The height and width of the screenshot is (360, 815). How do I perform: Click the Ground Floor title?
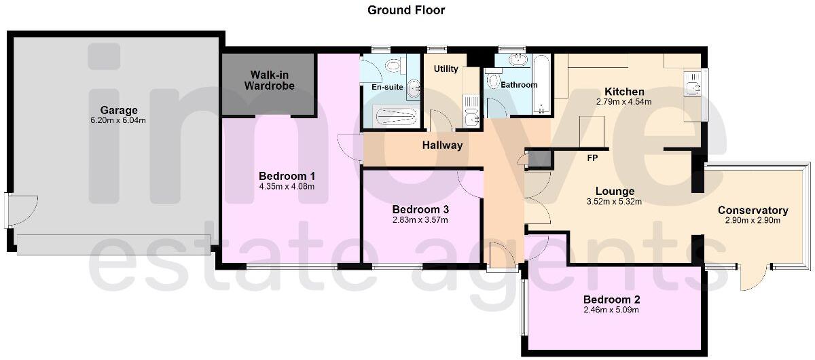pos(406,10)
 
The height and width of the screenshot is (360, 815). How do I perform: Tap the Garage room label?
pos(119,110)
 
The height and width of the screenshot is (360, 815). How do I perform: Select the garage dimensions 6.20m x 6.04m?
pos(118,120)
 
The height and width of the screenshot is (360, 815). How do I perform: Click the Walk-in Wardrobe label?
pos(269,80)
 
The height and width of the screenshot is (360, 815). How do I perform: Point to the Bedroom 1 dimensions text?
pos(287,187)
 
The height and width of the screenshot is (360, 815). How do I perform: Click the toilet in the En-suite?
pos(393,66)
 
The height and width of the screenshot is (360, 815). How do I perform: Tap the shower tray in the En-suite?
pos(395,116)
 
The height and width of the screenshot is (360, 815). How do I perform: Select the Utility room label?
pos(446,69)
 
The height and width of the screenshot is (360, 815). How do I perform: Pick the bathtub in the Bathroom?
pos(541,84)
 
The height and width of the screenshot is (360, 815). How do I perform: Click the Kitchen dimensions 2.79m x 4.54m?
pos(623,102)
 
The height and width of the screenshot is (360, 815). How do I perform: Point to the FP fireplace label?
pos(592,158)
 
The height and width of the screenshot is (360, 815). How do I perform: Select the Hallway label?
pos(442,145)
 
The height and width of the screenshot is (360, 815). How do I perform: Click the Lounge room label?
pos(615,191)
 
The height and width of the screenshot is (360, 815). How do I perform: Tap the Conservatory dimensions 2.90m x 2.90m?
pos(753,220)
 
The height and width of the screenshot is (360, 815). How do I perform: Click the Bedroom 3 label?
pos(420,209)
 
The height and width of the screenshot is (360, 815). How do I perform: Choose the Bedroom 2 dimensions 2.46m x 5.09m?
pos(611,310)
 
